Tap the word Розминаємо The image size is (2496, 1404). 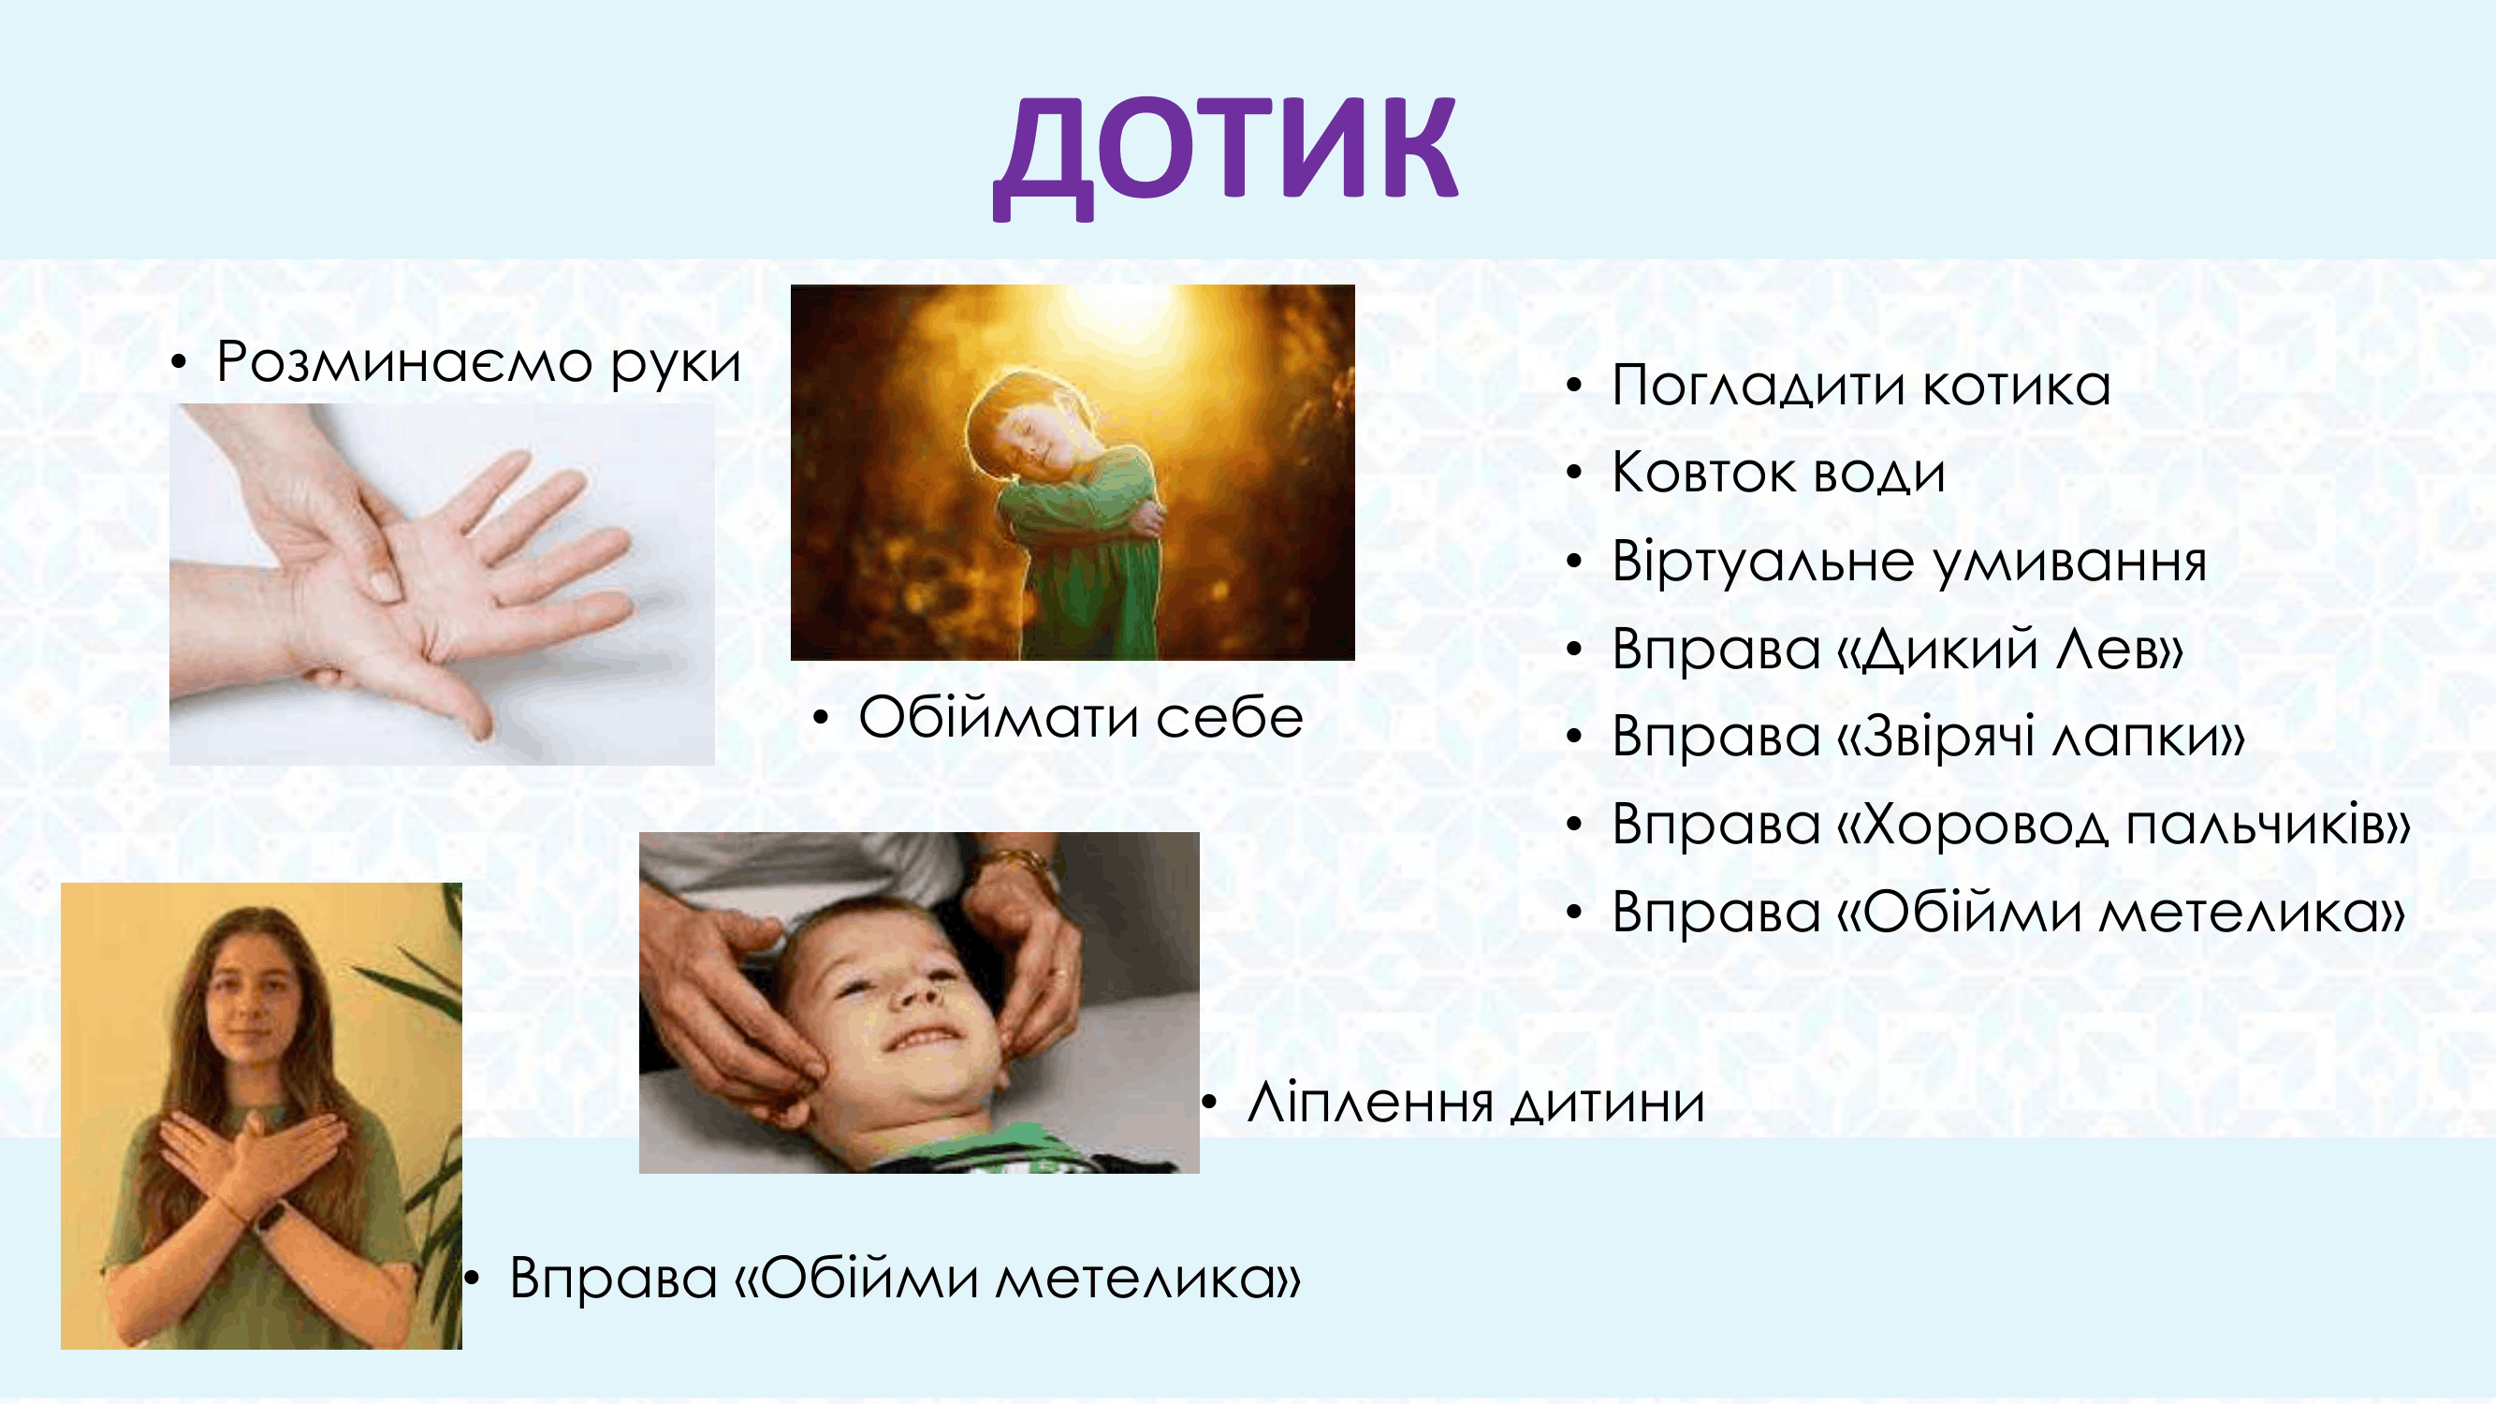point(404,362)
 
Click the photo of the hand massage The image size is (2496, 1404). point(442,584)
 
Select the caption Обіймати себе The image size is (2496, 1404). point(1080,717)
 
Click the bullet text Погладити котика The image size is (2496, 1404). point(1861,386)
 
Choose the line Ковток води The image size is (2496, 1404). point(1779,473)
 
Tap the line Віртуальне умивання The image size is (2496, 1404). point(1909,562)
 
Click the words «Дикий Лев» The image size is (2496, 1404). point(2011,649)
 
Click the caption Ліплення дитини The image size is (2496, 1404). point(1476,1103)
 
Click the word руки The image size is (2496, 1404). point(677,364)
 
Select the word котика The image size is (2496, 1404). point(2017,386)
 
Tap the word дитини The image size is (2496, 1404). point(1609,1103)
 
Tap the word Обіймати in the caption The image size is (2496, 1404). point(998,717)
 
